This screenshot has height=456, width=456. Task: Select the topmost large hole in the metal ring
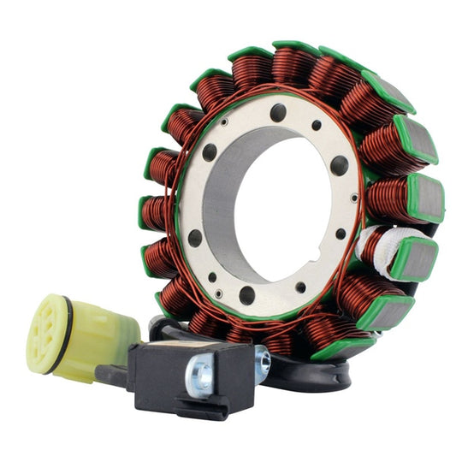tap(279, 112)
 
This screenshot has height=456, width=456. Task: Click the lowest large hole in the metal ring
tap(247, 295)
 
